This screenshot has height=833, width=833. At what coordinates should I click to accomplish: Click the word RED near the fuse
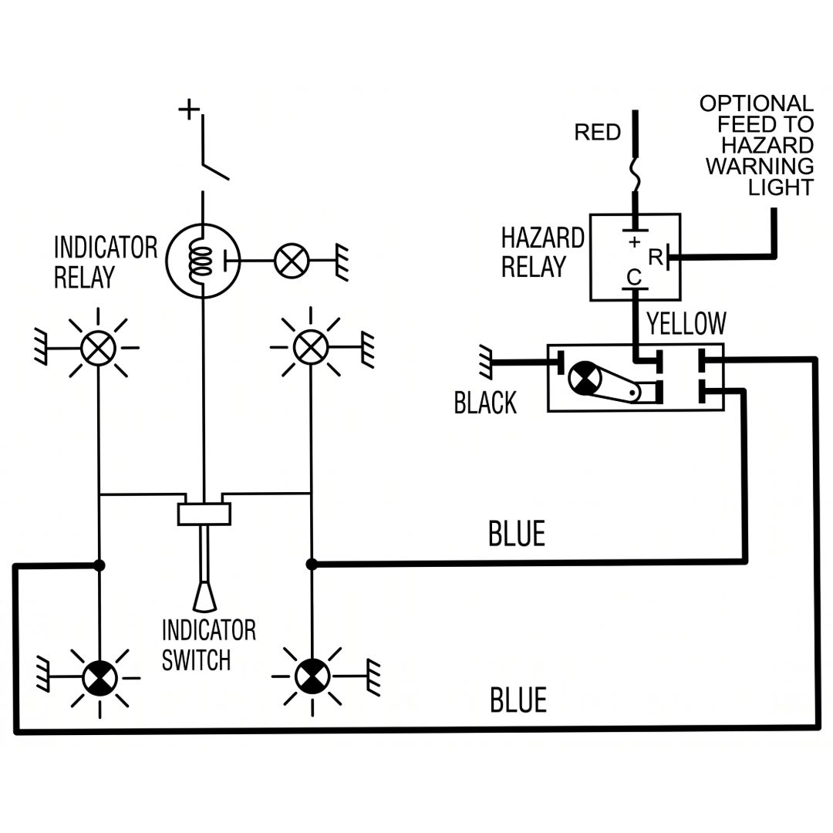[x=597, y=133]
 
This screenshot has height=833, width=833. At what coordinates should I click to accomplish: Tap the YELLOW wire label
[x=686, y=323]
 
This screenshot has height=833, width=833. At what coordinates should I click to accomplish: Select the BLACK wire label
[x=485, y=403]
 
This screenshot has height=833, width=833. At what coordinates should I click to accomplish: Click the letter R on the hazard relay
[x=656, y=258]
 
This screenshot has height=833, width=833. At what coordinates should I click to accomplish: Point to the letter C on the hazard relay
[x=634, y=278]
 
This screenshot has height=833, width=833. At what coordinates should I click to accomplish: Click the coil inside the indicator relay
[x=200, y=261]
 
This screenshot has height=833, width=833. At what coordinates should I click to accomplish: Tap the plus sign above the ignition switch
[x=189, y=110]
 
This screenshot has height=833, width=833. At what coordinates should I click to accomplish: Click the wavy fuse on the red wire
[x=635, y=174]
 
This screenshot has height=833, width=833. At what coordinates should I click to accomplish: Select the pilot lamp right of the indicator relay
[x=291, y=261]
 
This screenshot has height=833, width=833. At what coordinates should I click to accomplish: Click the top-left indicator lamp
[x=98, y=348]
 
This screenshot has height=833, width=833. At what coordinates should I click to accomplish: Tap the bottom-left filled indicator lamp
[x=99, y=678]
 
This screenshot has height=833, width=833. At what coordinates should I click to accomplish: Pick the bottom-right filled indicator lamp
[x=312, y=676]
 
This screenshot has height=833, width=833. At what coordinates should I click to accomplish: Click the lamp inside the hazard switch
[x=585, y=378]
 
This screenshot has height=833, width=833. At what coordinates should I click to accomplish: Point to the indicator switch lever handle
[x=204, y=595]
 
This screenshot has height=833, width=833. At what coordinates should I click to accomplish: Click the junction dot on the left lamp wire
[x=99, y=565]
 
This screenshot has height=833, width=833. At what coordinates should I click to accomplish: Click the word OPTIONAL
[x=757, y=103]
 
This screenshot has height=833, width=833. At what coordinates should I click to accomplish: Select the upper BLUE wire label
[x=516, y=534]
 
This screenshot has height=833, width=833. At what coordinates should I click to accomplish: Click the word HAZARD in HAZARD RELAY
[x=542, y=238]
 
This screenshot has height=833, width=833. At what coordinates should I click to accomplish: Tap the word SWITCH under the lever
[x=196, y=660]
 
